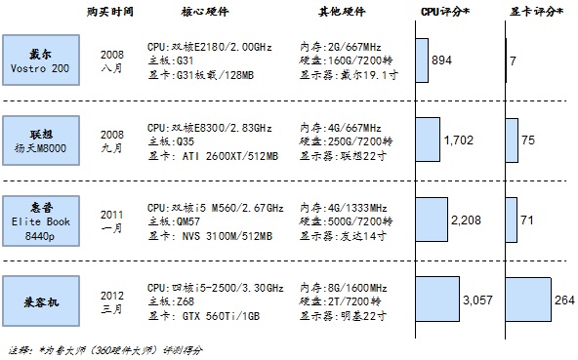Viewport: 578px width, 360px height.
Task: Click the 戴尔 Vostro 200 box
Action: [41, 60]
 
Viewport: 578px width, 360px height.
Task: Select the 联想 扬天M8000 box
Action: [41, 140]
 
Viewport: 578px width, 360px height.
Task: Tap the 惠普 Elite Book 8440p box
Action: [41, 220]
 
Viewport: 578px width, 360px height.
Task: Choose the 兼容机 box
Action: [41, 301]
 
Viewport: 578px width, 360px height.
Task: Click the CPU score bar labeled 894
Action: [422, 60]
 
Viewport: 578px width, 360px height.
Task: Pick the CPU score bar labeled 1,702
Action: [428, 140]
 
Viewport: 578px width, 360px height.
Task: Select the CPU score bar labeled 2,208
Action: [432, 220]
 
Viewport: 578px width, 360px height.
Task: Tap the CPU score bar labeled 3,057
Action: [438, 300]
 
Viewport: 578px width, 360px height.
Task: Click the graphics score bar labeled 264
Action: [528, 300]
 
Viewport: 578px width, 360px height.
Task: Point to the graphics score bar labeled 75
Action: [512, 140]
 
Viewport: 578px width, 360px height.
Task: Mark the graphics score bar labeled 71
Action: [512, 220]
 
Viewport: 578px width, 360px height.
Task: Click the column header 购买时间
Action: [110, 12]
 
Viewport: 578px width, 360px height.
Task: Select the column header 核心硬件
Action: [205, 12]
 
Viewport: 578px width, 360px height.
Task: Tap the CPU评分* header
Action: [445, 12]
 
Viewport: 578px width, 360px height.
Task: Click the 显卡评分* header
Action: [536, 12]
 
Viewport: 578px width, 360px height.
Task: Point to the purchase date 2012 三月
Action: [112, 302]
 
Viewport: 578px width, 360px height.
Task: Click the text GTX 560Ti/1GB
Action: [221, 316]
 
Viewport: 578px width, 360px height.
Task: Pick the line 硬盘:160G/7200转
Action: [346, 60]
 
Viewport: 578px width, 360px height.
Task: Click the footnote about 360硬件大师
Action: [105, 350]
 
